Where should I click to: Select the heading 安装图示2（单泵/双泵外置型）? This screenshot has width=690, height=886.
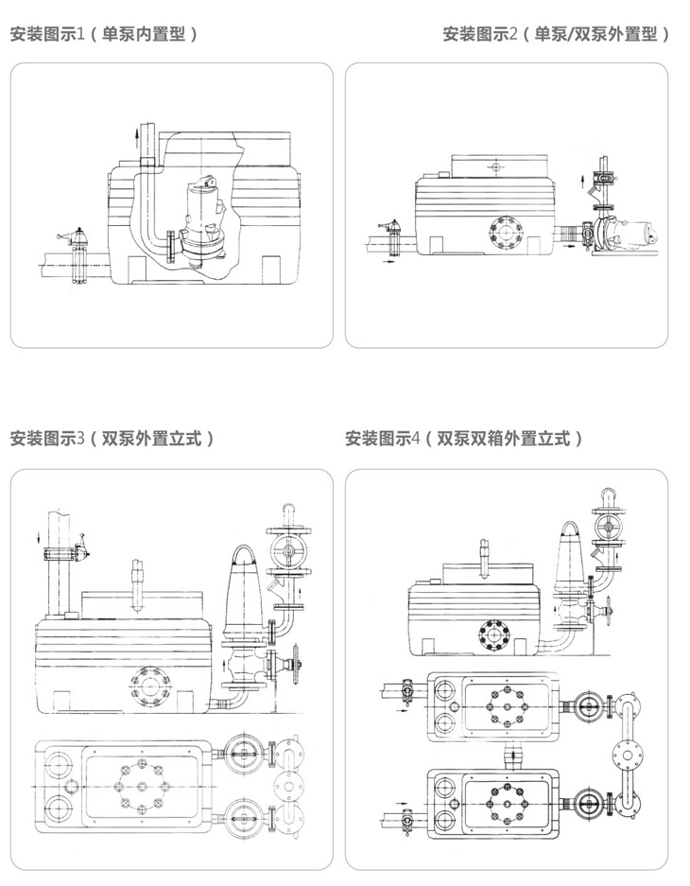pyautogui.click(x=557, y=35)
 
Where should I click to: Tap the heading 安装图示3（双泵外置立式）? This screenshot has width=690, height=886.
pyautogui.click(x=112, y=438)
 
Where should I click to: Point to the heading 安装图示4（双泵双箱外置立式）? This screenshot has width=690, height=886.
pyautogui.click(x=463, y=438)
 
